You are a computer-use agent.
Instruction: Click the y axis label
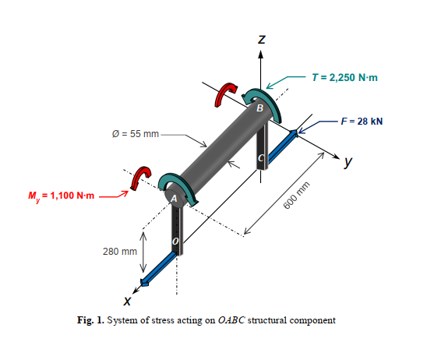(x=348, y=163)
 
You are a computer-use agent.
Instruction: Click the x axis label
(x=126, y=301)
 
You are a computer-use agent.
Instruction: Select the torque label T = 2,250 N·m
(x=344, y=77)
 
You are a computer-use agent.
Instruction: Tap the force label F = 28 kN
(x=365, y=122)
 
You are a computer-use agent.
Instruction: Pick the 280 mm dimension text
(x=119, y=252)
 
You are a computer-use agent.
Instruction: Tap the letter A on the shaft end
(x=174, y=199)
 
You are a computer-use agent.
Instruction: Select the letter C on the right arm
(x=262, y=158)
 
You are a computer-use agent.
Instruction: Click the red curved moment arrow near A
(x=140, y=178)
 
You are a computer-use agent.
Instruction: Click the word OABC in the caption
(x=232, y=320)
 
